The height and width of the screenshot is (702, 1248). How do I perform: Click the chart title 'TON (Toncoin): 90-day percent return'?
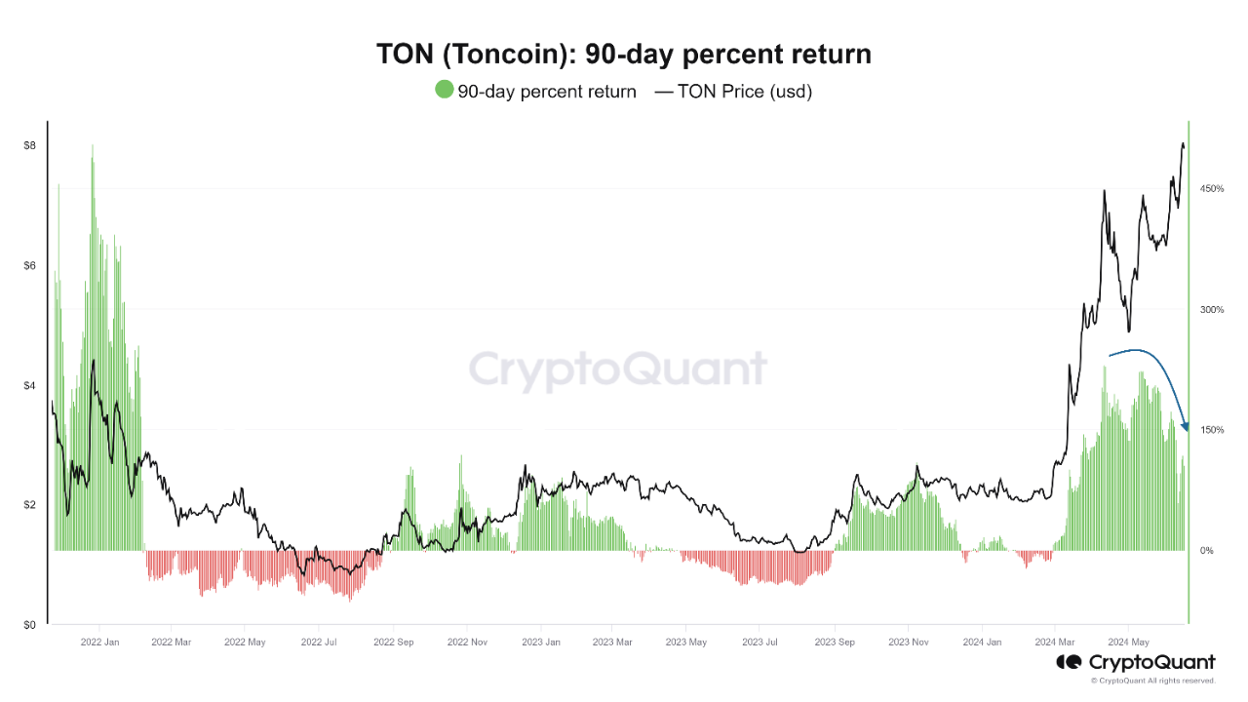point(624,55)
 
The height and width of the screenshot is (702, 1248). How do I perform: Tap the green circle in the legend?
point(445,91)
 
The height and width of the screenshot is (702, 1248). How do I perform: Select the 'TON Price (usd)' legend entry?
point(733,92)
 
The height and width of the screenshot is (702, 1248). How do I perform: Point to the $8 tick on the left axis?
point(30,146)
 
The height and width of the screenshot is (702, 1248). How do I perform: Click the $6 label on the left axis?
point(30,266)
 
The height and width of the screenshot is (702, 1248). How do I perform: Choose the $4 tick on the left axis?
point(30,386)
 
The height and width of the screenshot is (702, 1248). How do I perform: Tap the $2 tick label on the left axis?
point(30,505)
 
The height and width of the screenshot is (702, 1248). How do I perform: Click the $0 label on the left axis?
point(30,625)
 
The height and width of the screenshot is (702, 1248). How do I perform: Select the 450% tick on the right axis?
point(1212,188)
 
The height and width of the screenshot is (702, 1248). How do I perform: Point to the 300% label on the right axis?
point(1212,310)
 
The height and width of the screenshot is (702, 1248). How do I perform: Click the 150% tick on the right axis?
point(1212,430)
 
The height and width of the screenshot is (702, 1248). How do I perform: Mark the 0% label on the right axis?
point(1206,551)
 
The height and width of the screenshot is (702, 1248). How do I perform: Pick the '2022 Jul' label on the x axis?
point(319,643)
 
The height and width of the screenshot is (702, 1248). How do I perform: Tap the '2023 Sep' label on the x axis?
point(834,643)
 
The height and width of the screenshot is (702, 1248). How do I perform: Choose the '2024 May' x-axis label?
point(1128,643)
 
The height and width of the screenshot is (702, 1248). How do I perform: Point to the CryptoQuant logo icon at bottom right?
point(1070,662)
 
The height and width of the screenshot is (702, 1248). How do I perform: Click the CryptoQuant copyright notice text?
point(1153,681)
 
